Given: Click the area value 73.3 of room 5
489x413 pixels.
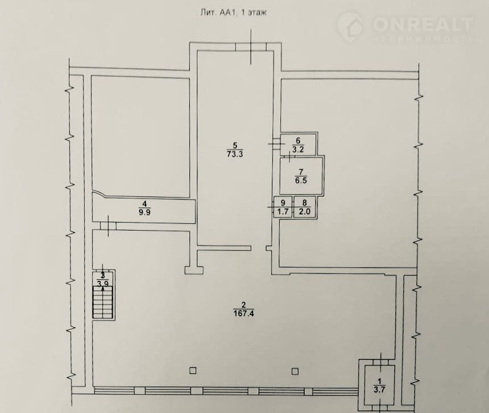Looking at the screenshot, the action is pos(235,154).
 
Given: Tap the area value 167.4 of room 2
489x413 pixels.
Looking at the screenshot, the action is pos(243,313).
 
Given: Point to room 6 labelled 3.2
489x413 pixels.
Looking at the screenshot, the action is pos(298,145).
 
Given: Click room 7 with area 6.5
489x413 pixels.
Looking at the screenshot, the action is pos(301,176).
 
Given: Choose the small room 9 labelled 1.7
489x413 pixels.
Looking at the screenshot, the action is pos(283,207).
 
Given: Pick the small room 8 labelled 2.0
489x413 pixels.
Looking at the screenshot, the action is pos(305,207).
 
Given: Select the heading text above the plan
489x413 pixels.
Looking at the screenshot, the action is pos(233,13).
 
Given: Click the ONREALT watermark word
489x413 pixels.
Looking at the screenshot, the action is pos(423,24).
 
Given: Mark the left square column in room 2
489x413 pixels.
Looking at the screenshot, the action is pos(193,370).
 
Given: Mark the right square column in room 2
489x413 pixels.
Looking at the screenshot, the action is pos(295,371).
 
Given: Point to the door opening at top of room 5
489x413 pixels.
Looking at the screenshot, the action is pos(251,47).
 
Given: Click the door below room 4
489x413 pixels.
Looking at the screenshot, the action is pos(108,225).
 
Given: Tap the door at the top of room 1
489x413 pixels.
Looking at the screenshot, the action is pos(382,362).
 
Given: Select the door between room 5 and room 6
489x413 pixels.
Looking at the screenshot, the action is pos(276,144).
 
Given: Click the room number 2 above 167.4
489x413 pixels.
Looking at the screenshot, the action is pos(243,305).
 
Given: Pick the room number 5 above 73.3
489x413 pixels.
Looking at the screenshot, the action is pos(235,145).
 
